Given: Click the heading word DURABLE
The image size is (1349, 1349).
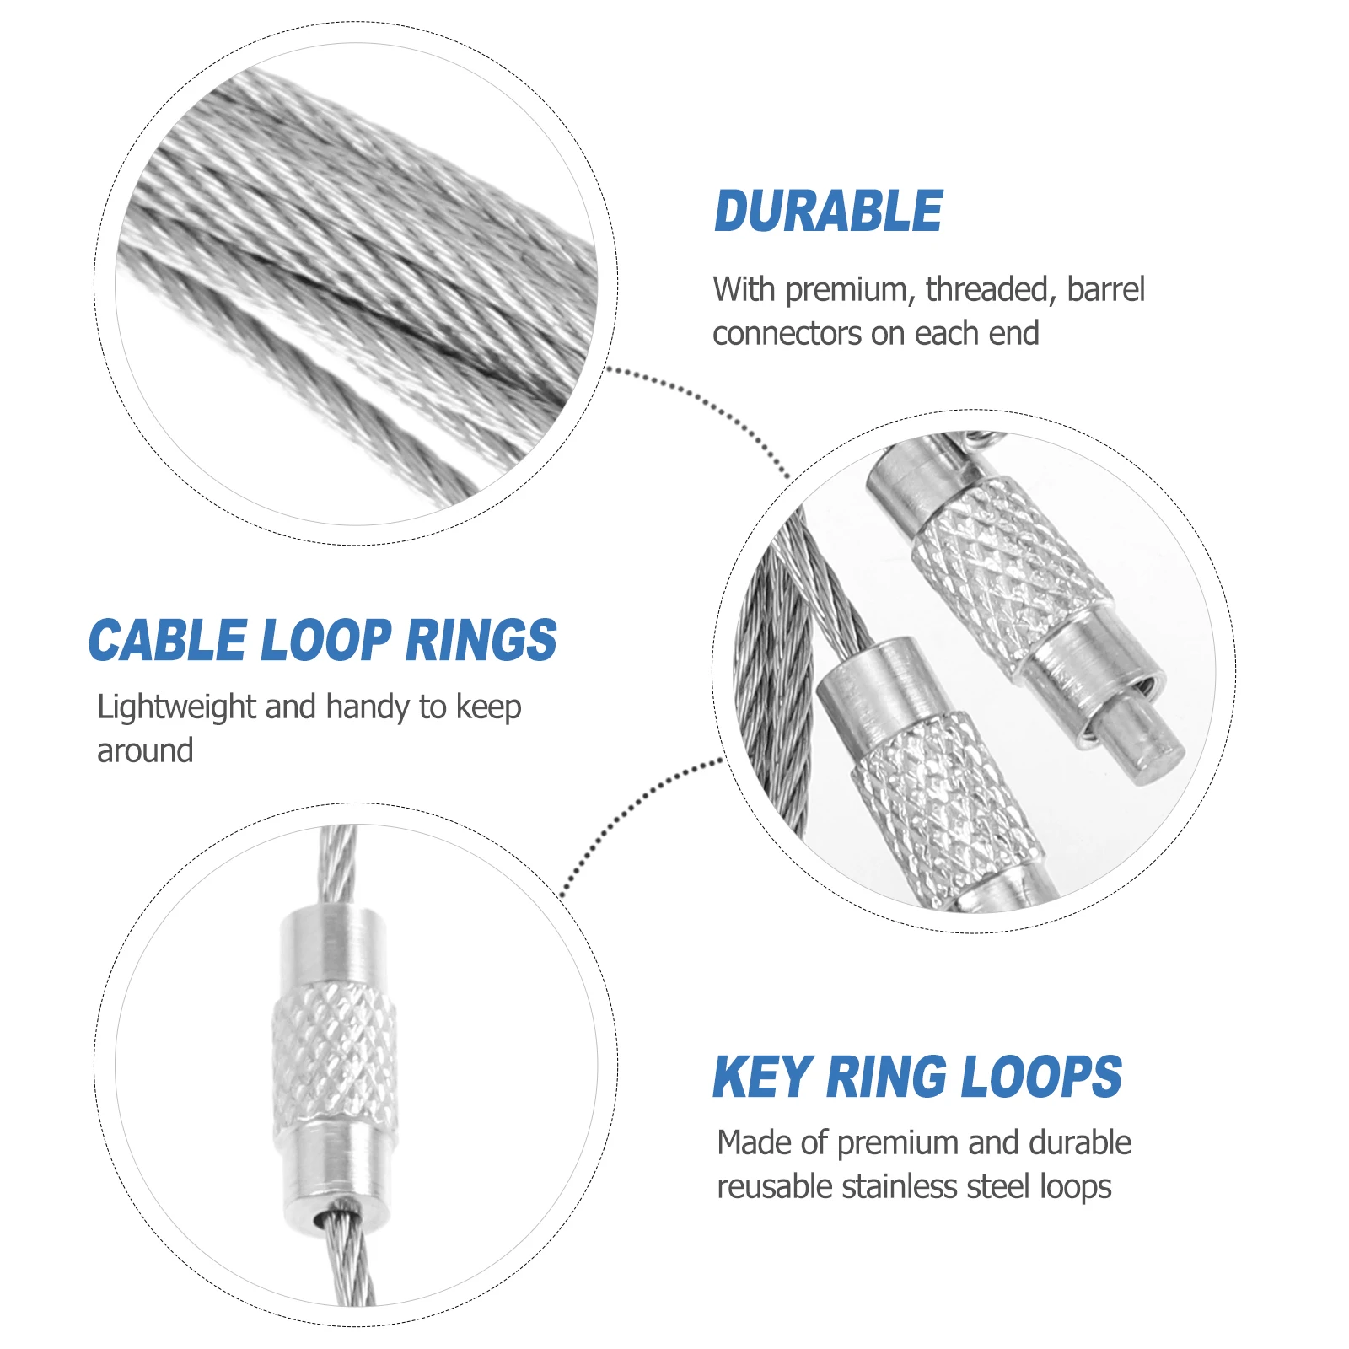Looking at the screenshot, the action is [828, 211].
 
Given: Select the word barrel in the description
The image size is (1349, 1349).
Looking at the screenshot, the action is [1105, 289].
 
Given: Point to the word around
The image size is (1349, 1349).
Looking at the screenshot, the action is [145, 750].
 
